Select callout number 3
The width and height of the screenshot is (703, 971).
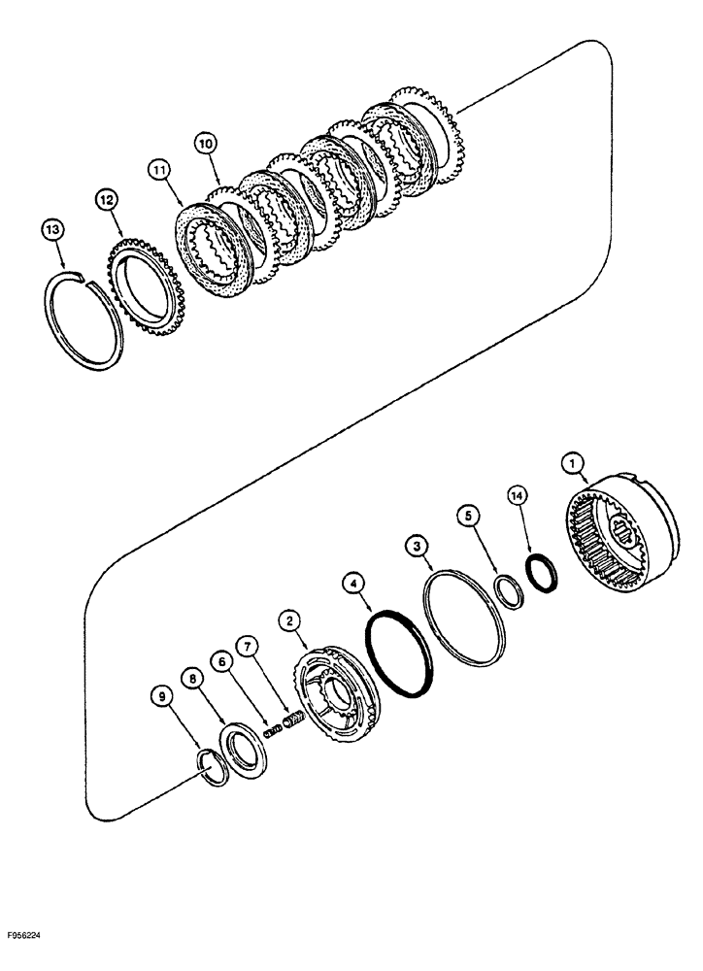[418, 549]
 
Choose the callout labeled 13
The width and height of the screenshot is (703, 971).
[52, 230]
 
